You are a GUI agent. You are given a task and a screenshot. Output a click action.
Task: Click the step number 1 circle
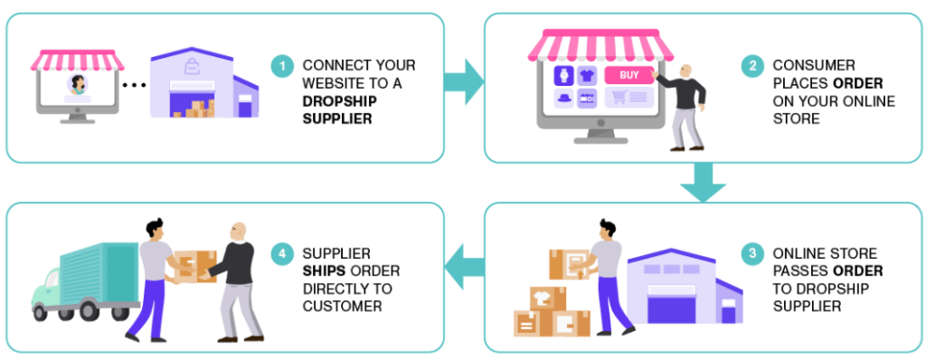282,66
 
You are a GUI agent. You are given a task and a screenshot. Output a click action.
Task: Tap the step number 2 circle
751,66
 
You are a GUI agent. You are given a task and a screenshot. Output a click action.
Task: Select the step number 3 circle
751,254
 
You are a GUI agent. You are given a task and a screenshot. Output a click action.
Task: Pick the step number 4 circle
282,254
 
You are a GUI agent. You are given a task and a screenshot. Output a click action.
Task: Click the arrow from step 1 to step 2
464,81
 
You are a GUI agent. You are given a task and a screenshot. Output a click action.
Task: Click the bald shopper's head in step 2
685,71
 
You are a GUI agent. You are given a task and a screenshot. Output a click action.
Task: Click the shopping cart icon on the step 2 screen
620,98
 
